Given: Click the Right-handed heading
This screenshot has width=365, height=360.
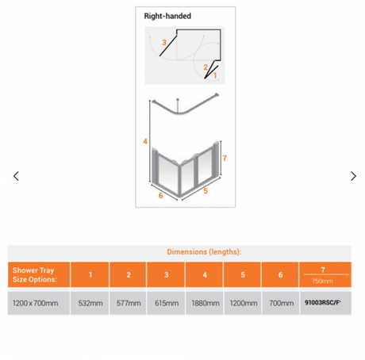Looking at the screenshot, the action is [x=167, y=16].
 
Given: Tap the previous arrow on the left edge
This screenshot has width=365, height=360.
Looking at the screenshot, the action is [x=16, y=176].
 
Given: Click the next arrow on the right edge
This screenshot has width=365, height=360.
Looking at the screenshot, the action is [x=353, y=176].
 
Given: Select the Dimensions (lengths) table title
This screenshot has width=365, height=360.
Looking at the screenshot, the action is [x=204, y=251].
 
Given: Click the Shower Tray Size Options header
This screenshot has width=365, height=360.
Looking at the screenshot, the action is [x=35, y=274].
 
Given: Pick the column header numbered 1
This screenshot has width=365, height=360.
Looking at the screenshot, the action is [x=90, y=275].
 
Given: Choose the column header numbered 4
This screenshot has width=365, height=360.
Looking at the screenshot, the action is [x=205, y=275].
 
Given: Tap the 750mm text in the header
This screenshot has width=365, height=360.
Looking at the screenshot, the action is [x=322, y=281].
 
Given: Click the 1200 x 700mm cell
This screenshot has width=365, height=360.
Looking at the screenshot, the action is [x=35, y=303].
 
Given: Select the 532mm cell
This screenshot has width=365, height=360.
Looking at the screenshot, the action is [x=90, y=303].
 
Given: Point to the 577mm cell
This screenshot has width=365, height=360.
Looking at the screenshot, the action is [x=129, y=303].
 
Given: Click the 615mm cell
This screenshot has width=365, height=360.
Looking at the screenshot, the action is [x=167, y=303].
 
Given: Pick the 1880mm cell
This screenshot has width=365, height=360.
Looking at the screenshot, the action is [x=206, y=303].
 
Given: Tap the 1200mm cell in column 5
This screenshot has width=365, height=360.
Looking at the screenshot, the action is [x=244, y=303].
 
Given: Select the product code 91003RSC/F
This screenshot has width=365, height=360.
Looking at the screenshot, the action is [x=322, y=302].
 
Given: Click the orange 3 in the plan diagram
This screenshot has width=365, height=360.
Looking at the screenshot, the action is [x=164, y=42].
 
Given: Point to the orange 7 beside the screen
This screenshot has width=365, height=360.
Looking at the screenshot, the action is [x=225, y=158].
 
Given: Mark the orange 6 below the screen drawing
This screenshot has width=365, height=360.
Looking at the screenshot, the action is [x=160, y=196].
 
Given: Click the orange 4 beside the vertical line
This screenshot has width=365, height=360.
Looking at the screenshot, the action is [x=145, y=141].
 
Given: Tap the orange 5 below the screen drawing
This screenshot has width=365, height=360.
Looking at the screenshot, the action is [x=206, y=191].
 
